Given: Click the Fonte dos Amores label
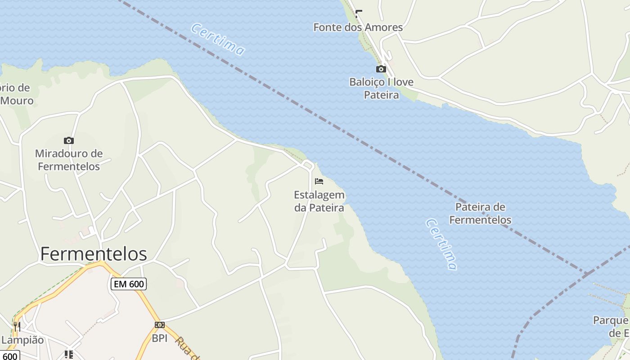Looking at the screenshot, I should point(358,27).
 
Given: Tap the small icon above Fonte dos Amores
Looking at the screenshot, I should point(359,13).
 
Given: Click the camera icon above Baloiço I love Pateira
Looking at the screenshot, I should point(381,69).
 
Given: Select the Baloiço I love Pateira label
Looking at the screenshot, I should point(381,89).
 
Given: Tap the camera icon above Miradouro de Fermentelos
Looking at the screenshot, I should point(69,140).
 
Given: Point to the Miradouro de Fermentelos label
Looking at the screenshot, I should point(69,160).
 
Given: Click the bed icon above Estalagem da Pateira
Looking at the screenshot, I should point(319,181).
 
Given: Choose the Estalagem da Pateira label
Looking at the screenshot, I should point(319,201).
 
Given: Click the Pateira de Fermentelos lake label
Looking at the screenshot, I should point(480,213).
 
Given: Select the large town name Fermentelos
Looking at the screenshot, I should point(94,254).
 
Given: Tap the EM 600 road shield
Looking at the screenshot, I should point(128,284).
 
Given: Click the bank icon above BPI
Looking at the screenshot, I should point(160,325).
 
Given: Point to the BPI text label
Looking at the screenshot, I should point(160,338).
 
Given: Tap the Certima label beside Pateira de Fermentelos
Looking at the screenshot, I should point(441,244).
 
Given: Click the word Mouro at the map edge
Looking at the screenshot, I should point(17,100).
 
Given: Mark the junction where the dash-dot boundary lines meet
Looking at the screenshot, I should point(586,273).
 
